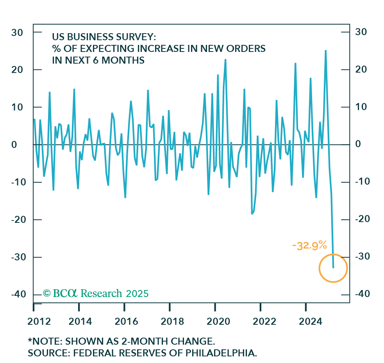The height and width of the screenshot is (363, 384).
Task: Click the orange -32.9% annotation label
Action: [309, 245]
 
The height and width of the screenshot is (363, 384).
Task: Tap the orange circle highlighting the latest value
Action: [333, 268]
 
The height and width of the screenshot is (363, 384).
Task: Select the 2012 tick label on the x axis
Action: [39, 322]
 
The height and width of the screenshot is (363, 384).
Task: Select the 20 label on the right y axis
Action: [360, 69]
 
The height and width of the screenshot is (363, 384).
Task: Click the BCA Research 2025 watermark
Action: [96, 294]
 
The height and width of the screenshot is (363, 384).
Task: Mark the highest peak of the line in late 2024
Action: [325, 50]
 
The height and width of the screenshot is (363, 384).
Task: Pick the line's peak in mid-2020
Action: [225, 60]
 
